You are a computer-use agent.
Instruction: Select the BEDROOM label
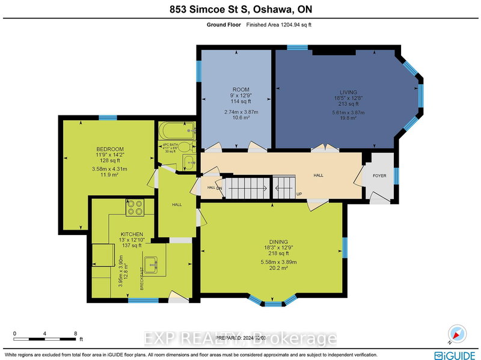110,149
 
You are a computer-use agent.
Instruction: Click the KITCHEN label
131,234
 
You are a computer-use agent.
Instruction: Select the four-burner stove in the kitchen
134,207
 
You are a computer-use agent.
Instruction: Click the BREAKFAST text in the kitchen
142,278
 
